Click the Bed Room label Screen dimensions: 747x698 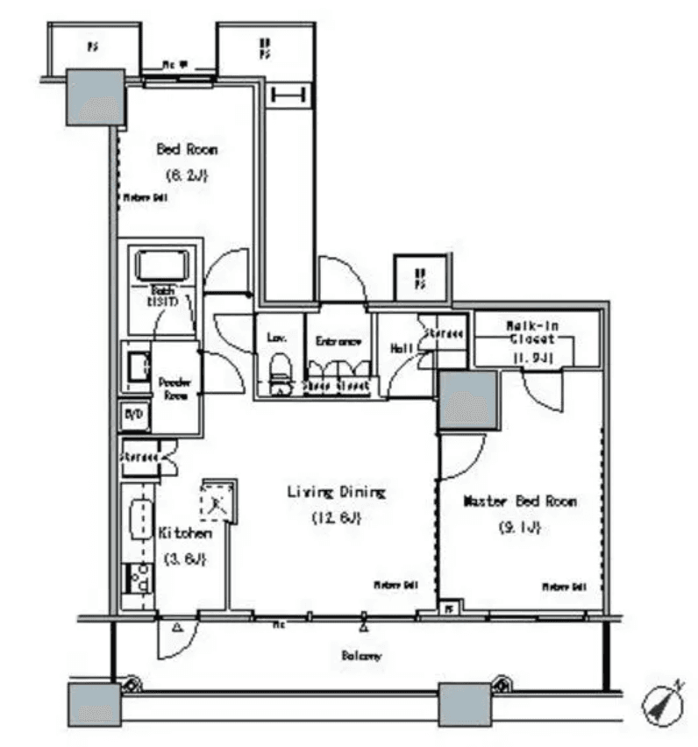point(187,149)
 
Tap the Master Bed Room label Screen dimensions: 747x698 point(519,502)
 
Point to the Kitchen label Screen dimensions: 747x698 point(184,532)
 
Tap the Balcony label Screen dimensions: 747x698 point(360,656)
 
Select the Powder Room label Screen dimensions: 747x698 point(174,388)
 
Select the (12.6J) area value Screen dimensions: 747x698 point(338,517)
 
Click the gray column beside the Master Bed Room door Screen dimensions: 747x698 point(468,400)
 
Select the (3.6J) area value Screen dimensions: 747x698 point(184,558)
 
